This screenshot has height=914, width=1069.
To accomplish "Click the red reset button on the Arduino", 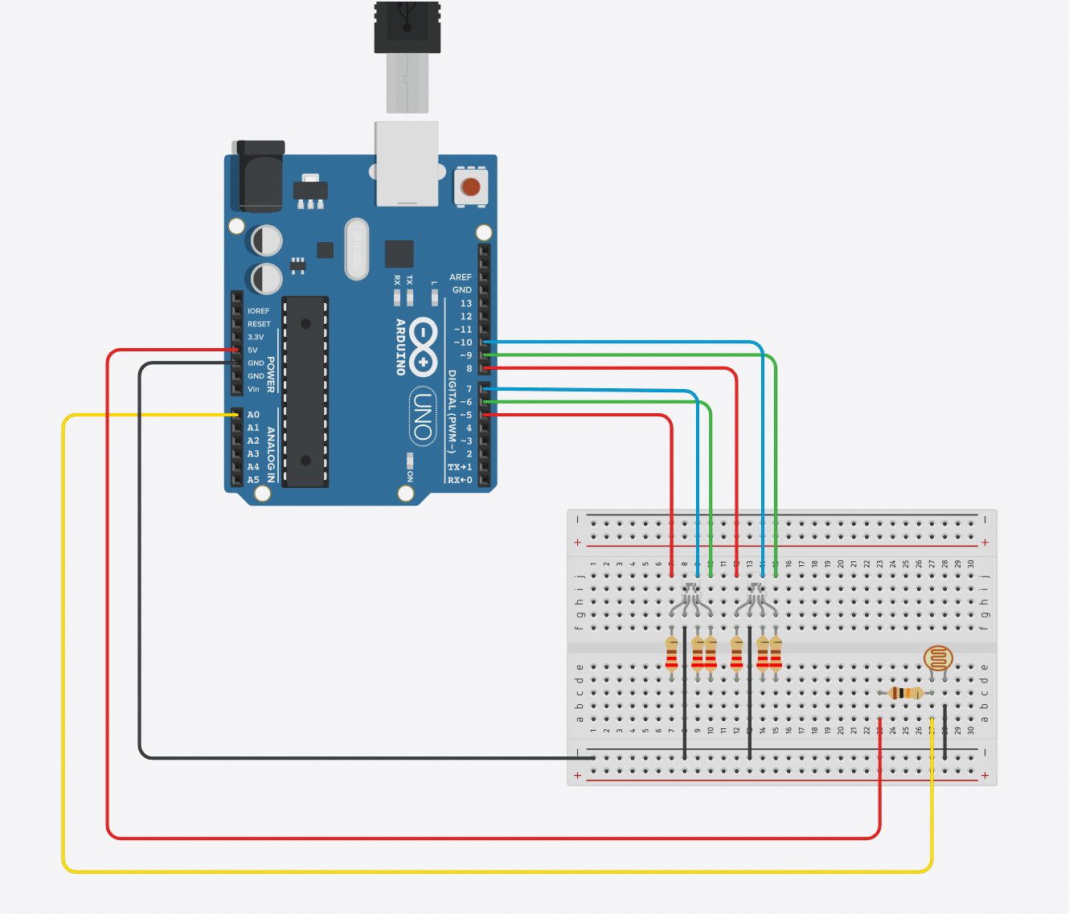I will click(470, 188).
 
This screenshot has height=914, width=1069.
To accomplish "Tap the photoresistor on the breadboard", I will click(938, 659).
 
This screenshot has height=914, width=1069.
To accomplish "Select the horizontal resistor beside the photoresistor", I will click(907, 693).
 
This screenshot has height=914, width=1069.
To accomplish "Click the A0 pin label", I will click(253, 415).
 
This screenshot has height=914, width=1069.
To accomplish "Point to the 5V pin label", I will click(252, 350).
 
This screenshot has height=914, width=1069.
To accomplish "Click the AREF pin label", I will click(461, 277).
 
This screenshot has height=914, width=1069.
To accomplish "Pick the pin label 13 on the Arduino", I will click(466, 303).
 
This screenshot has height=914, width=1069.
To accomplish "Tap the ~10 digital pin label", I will click(463, 342).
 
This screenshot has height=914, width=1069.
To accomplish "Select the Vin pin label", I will click(253, 389).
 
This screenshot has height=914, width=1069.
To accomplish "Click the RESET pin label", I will click(259, 324).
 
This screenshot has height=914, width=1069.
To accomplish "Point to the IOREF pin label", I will click(258, 311).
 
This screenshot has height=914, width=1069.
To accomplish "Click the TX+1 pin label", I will click(460, 467).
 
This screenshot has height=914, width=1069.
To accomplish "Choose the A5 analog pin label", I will click(253, 480).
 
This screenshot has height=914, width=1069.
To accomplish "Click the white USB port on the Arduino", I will click(407, 163).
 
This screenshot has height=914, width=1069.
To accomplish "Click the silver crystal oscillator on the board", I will click(356, 249).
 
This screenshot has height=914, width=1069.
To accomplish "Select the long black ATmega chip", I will click(305, 391).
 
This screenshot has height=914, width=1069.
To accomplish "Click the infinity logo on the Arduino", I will click(423, 347).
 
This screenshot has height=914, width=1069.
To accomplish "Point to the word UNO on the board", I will click(423, 415).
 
